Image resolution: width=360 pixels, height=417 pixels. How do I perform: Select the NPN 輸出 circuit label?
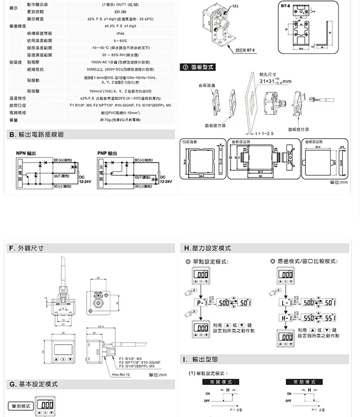click(x=26, y=153)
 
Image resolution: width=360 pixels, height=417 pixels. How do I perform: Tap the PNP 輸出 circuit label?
click(x=107, y=153)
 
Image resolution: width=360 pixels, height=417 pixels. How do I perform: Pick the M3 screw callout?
click(x=235, y=6)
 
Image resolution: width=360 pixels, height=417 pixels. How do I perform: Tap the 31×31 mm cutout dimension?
click(x=275, y=81)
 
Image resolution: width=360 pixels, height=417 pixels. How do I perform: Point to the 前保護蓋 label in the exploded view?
click(x=207, y=86)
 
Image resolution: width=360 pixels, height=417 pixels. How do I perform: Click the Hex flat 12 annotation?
click(x=121, y=374)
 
